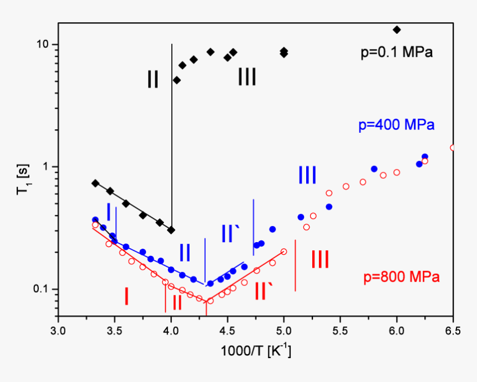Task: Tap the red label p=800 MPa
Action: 402,277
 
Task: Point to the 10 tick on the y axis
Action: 43,44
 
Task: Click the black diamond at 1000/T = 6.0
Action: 397,29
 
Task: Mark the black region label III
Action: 247,77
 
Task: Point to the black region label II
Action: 153,79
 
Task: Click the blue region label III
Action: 307,175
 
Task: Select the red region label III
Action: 319,259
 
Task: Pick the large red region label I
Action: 126,296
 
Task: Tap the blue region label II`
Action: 231,233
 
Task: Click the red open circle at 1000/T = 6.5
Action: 453,148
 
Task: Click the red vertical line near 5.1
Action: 295,265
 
